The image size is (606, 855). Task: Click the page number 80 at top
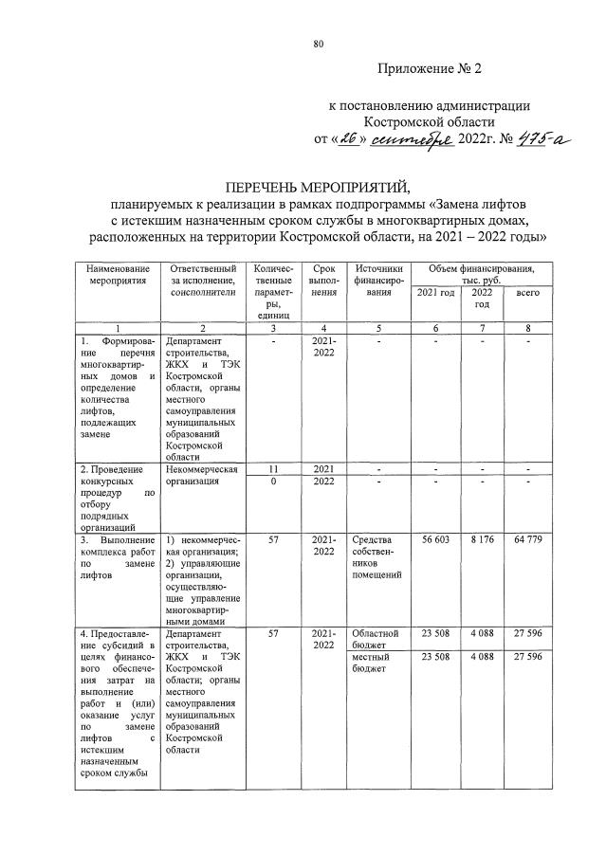click(x=319, y=43)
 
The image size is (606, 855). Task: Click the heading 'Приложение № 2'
click(x=430, y=69)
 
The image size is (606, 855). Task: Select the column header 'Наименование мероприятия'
click(x=115, y=275)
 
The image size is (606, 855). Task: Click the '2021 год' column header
click(x=434, y=293)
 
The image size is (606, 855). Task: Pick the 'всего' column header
click(x=527, y=293)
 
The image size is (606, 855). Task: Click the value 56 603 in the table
click(x=434, y=539)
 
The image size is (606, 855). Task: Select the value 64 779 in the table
click(x=527, y=539)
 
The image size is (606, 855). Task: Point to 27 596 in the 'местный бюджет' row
click(x=527, y=657)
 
